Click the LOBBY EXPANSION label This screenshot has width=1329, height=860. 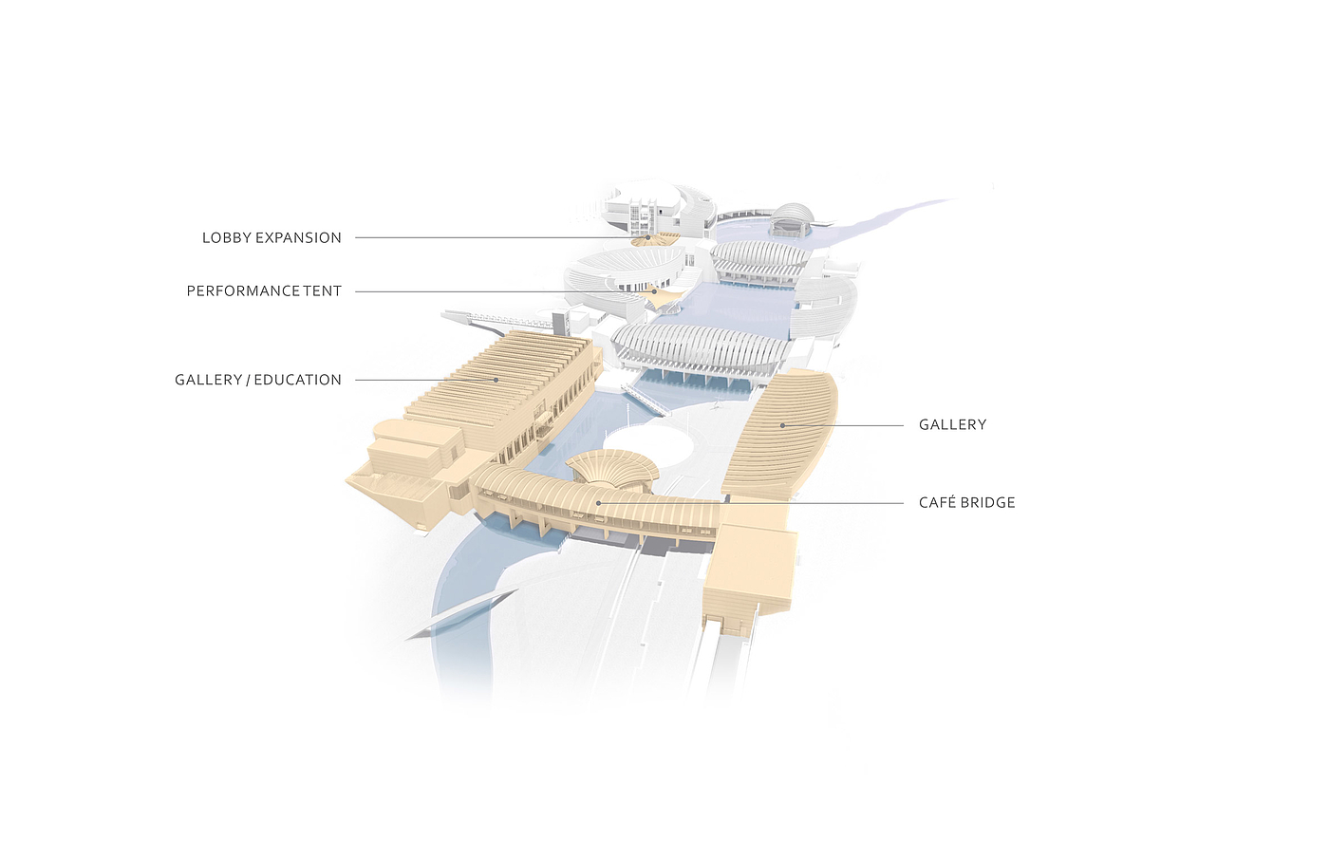pyautogui.click(x=271, y=238)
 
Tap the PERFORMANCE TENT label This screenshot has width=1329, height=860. pyautogui.click(x=264, y=291)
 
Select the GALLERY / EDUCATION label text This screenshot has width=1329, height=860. pyautogui.click(x=258, y=380)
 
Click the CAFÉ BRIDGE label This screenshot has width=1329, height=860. pyautogui.click(x=966, y=503)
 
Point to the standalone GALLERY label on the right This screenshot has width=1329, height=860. pyautogui.click(x=952, y=425)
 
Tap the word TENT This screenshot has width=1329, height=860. pyautogui.click(x=323, y=291)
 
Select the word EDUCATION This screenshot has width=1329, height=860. pyautogui.click(x=297, y=380)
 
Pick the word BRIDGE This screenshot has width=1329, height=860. pyautogui.click(x=988, y=503)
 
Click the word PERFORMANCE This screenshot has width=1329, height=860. pyautogui.click(x=243, y=291)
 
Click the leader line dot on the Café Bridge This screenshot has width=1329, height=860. pyautogui.click(x=598, y=503)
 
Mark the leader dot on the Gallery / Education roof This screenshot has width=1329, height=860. pyautogui.click(x=496, y=380)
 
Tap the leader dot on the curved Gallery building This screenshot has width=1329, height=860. pyautogui.click(x=782, y=425)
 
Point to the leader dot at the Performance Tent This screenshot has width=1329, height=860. pyautogui.click(x=654, y=291)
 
